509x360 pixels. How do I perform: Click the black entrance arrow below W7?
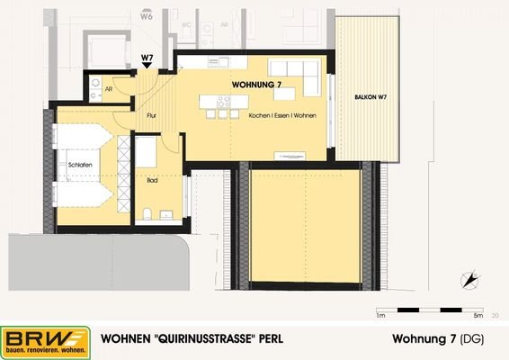coord(147,67)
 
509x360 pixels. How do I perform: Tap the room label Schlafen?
coord(79,165)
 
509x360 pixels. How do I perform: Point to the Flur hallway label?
coord(152,115)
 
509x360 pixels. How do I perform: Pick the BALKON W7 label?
coord(370,96)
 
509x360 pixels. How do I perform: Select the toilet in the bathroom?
coord(146,213)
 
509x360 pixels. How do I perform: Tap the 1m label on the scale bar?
coord(381,316)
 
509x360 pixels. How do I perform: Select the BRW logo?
coord(45,341)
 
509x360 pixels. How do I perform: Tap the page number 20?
coord(496,316)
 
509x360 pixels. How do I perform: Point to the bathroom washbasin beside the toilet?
coord(166,214)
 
